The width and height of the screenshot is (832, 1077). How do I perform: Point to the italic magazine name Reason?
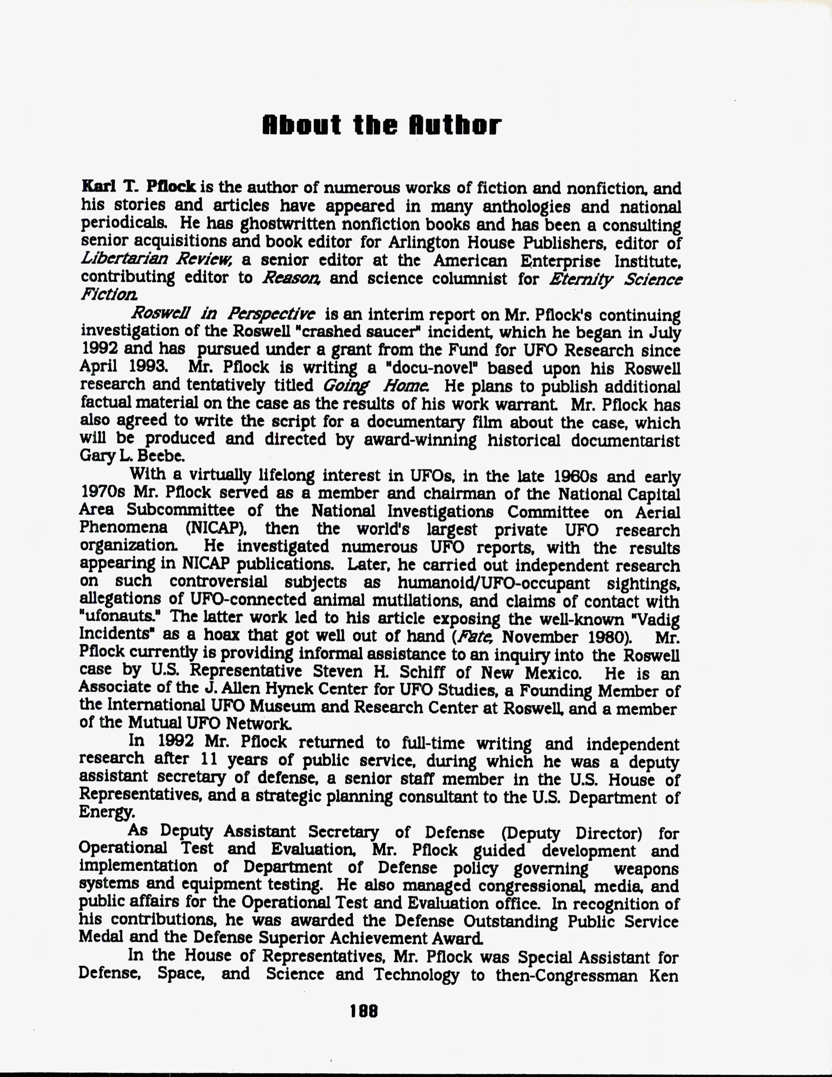292,278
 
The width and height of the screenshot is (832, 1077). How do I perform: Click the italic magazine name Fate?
466,637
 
